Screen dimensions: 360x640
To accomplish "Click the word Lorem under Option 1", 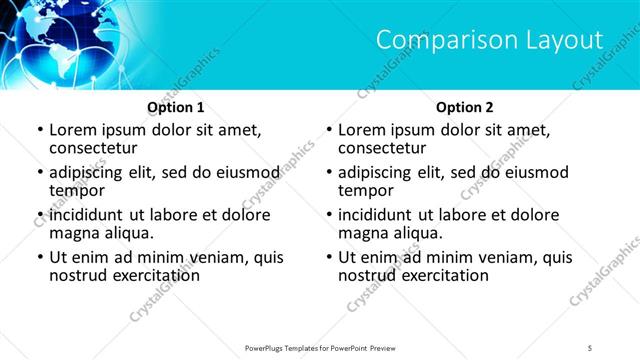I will [x=74, y=130].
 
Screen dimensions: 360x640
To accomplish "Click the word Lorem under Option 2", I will [x=364, y=130].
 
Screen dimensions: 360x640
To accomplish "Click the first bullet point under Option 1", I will [x=40, y=130].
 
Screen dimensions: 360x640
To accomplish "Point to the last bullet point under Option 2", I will [x=330, y=257].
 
